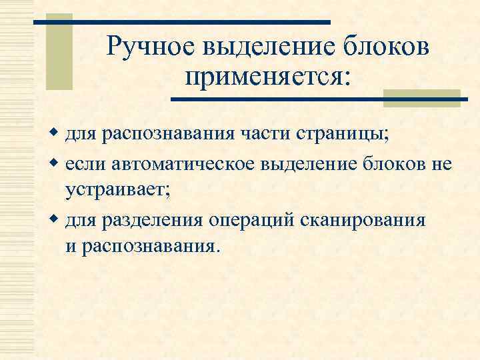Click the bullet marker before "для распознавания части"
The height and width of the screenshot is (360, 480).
[x=55, y=135]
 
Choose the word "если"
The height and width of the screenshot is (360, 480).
[x=85, y=163]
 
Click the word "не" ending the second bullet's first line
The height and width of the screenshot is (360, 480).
[x=441, y=163]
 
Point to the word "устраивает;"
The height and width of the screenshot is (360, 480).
[x=118, y=191]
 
